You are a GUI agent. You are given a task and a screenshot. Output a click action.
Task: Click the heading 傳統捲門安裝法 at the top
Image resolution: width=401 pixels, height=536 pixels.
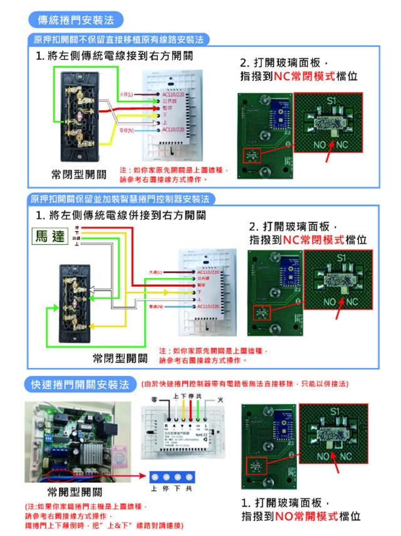[x=76, y=20]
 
